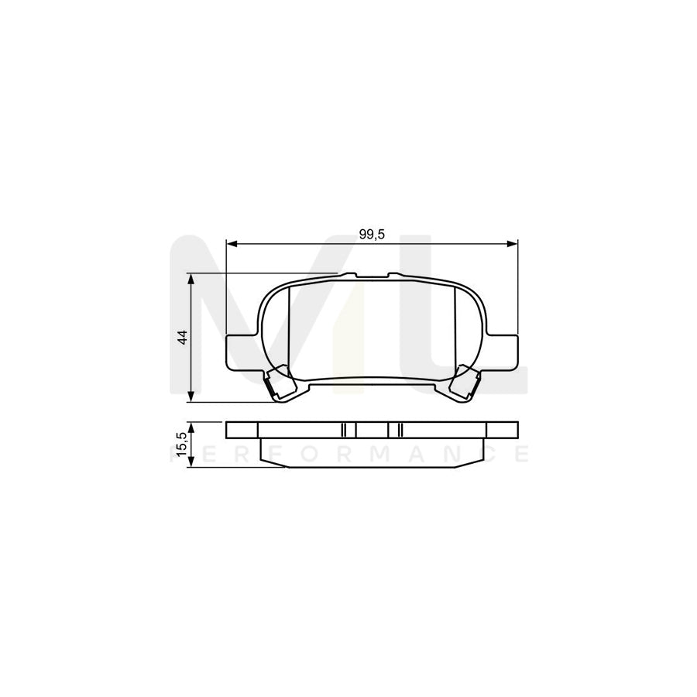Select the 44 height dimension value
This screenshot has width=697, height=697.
point(182,338)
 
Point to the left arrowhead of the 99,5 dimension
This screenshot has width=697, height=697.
point(230,244)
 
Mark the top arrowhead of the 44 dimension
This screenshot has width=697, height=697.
point(191,277)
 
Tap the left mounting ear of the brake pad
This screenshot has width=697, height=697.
point(239,350)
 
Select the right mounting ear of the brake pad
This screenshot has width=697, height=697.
point(504,350)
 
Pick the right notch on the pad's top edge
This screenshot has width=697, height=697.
point(393,275)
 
